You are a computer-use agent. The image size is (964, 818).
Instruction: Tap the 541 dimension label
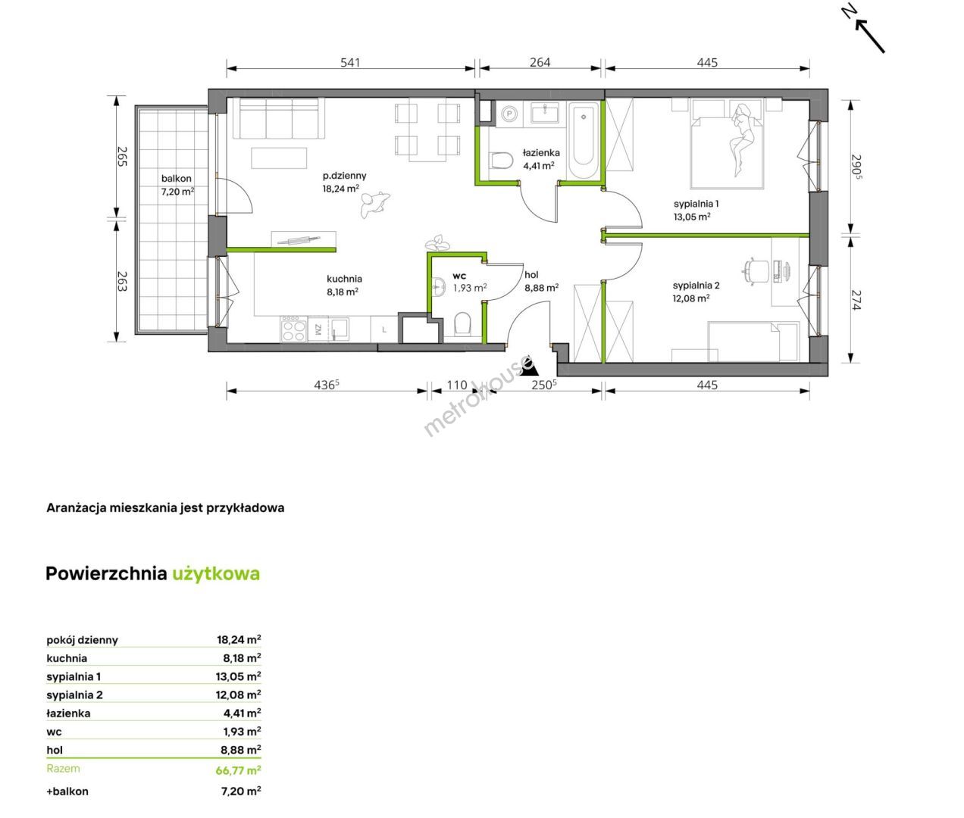[x=350, y=62]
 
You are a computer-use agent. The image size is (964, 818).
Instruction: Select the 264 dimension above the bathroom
[x=540, y=62]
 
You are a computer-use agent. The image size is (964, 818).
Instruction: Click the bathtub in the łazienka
[x=584, y=140]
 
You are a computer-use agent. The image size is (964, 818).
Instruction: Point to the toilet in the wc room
[x=462, y=325]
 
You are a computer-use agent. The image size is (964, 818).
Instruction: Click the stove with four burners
[x=294, y=329]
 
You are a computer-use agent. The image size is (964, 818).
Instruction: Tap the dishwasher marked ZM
[x=318, y=329]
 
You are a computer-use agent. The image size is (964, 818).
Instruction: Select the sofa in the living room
[x=279, y=118]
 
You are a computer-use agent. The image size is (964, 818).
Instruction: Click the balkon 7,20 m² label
[x=177, y=185]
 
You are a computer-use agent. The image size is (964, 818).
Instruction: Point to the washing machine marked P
[x=509, y=114]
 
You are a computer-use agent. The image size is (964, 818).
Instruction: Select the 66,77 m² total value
[x=238, y=770]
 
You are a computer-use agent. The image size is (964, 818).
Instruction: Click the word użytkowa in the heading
[x=216, y=574]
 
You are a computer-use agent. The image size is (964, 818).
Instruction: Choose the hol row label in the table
[x=55, y=750]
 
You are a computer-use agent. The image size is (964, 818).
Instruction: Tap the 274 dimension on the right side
[x=856, y=300]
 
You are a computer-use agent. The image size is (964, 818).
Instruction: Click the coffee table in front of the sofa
[x=279, y=158]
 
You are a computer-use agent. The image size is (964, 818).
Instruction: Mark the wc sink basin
[x=438, y=286]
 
